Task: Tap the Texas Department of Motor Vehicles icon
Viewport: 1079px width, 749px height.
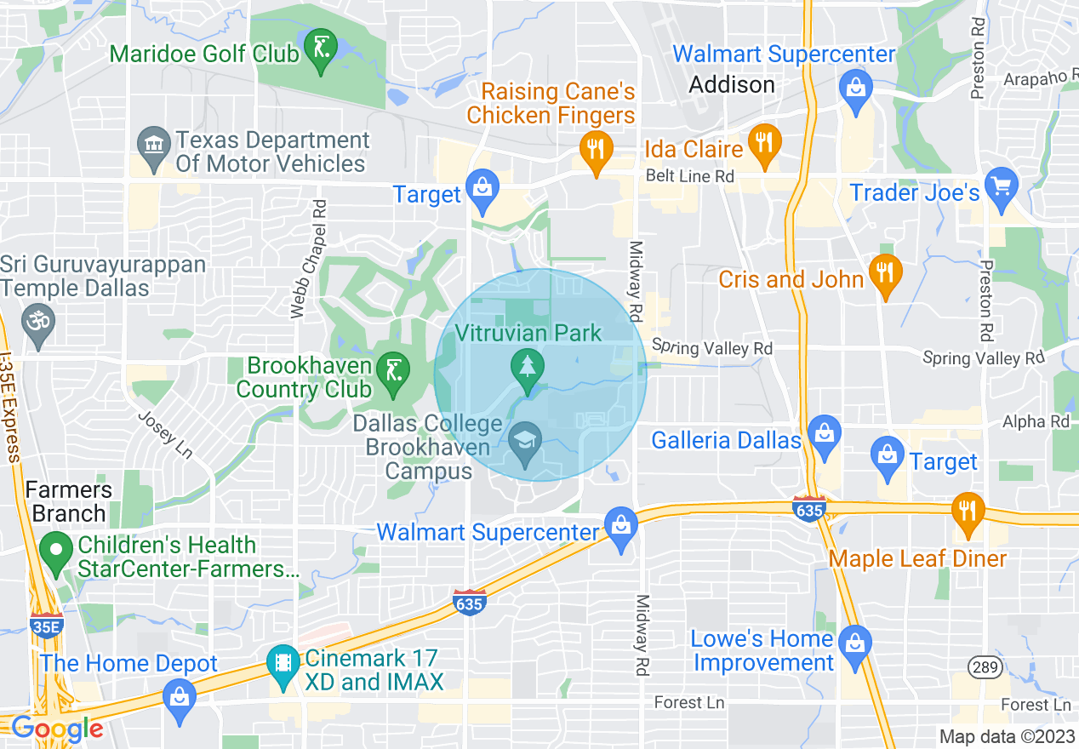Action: (x=154, y=151)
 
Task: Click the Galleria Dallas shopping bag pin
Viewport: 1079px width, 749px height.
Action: (x=824, y=436)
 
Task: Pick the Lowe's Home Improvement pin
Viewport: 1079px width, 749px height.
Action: (x=853, y=646)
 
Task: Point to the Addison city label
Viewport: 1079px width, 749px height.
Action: (x=732, y=84)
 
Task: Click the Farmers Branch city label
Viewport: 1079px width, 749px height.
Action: (x=68, y=502)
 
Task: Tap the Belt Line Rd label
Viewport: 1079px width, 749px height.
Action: (x=689, y=176)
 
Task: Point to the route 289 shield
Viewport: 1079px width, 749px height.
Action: (x=985, y=667)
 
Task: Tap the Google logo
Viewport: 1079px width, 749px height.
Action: (x=56, y=729)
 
